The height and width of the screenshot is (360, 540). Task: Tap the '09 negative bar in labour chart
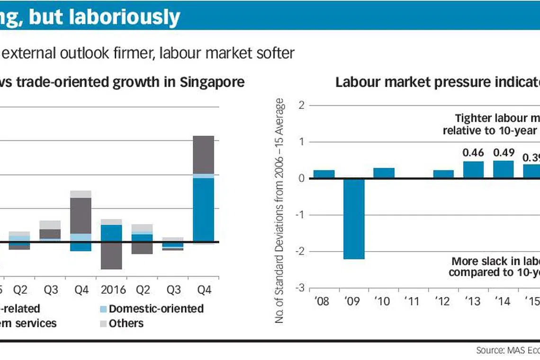tap(354, 218)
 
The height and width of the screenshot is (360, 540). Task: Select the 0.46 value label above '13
tap(473, 153)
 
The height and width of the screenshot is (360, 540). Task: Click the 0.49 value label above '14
tap(503, 153)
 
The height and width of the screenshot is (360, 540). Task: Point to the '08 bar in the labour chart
tap(324, 174)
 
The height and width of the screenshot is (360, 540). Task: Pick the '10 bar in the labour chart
tap(384, 173)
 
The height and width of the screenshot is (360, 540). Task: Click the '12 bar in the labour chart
tap(443, 174)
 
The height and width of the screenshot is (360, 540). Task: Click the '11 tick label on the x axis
tap(414, 301)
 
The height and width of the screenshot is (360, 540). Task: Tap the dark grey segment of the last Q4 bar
tap(203, 155)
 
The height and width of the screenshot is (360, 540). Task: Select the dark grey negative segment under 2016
tap(111, 256)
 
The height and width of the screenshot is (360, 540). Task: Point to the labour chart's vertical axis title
tap(280, 211)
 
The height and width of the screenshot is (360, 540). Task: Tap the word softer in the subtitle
tap(275, 53)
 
